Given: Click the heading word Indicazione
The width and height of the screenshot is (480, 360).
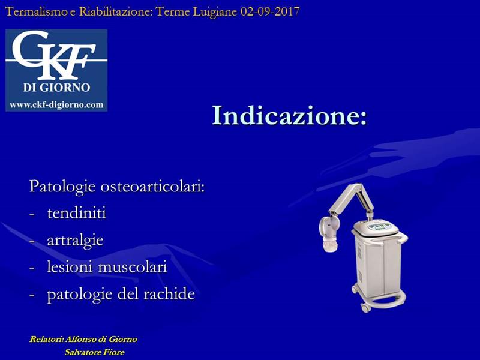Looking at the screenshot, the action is pyautogui.click(x=286, y=115).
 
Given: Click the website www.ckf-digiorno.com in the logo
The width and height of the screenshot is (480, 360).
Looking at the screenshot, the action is pyautogui.click(x=56, y=105).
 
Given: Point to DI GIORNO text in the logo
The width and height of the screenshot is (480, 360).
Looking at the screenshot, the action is pyautogui.click(x=56, y=88).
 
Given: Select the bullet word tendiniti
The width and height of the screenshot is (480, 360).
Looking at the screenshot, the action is pyautogui.click(x=77, y=213).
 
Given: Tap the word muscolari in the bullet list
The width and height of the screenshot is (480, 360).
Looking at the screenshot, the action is pyautogui.click(x=132, y=266).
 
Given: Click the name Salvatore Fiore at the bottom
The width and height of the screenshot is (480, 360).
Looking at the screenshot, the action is pyautogui.click(x=95, y=352).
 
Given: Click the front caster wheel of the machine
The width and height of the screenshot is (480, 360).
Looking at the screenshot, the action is pyautogui.click(x=365, y=307).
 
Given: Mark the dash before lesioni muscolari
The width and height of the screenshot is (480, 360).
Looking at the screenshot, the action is pyautogui.click(x=32, y=267).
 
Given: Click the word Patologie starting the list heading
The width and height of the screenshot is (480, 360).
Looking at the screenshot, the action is pyautogui.click(x=62, y=187).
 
